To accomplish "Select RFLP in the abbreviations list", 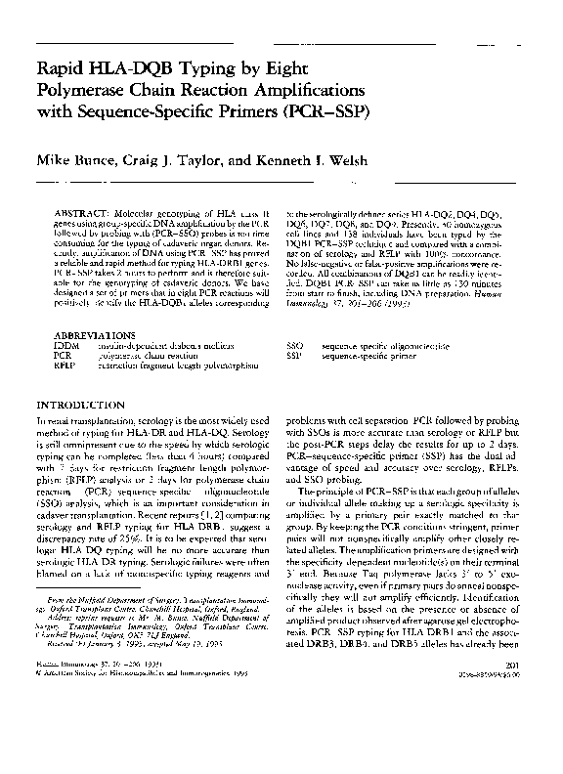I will point(65,366).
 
